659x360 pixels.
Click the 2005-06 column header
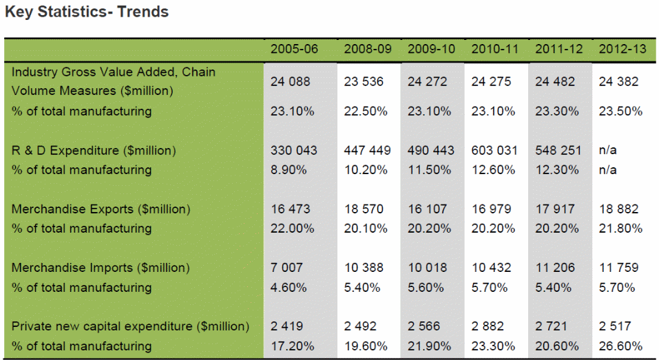click(294, 49)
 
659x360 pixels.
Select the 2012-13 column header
click(623, 49)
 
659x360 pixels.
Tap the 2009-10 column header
click(431, 49)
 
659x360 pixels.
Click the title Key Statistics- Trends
click(87, 12)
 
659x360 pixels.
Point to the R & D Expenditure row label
click(94, 150)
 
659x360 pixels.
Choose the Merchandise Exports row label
click(101, 209)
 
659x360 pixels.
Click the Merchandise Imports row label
click(101, 267)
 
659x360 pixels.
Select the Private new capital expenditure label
click(130, 326)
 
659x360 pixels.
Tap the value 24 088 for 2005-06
click(291, 81)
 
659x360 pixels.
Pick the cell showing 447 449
click(368, 150)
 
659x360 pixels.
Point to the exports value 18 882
click(618, 209)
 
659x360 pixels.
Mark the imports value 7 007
click(286, 267)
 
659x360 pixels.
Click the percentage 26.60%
click(620, 346)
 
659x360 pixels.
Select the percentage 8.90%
click(289, 169)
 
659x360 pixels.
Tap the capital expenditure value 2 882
click(488, 326)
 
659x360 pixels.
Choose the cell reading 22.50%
click(366, 111)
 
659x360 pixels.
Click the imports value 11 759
click(618, 267)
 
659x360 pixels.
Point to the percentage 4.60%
click(289, 287)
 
